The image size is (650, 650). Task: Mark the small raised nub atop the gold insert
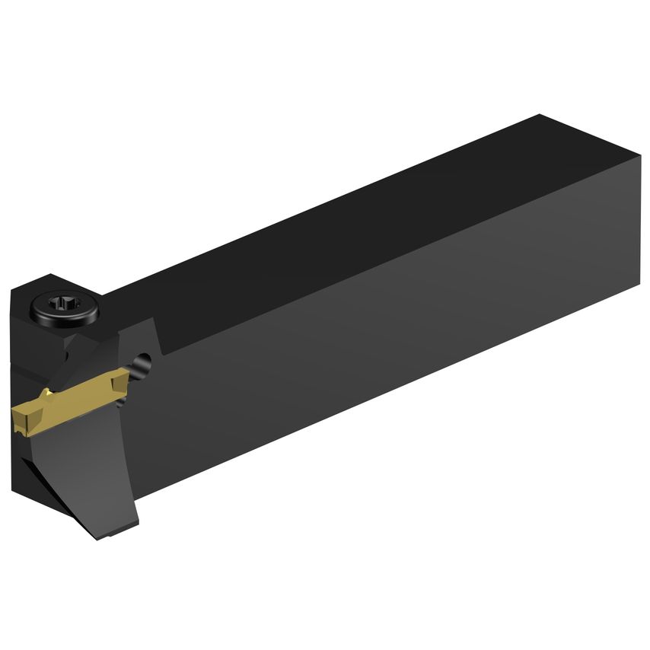click(47, 393)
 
